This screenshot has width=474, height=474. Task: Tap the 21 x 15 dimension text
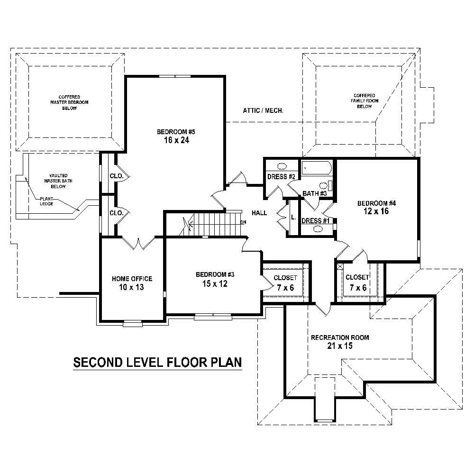point(339,346)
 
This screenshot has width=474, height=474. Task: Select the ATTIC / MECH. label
point(263,110)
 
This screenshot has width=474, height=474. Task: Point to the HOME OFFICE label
point(132,279)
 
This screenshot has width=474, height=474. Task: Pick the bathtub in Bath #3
point(315,168)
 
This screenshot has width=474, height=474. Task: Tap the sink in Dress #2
point(282,167)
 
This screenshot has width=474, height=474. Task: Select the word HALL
point(259,213)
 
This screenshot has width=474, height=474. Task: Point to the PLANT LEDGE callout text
point(46,201)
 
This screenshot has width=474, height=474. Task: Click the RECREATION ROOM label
point(339,338)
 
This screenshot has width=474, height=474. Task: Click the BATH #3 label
point(315,193)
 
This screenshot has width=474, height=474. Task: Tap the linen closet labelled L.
point(293,218)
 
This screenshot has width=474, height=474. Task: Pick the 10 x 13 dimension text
point(132,287)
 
